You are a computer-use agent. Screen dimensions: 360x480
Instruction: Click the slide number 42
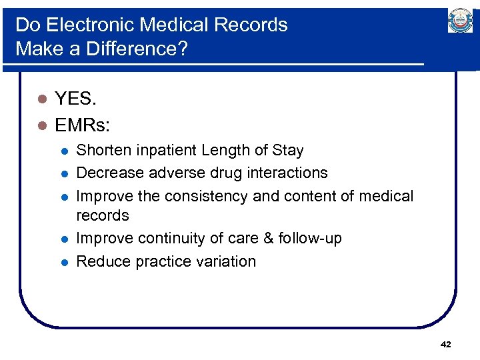tap(446, 344)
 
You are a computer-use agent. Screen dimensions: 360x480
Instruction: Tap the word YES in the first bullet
tap(75, 99)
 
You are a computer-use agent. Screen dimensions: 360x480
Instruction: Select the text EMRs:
tap(83, 125)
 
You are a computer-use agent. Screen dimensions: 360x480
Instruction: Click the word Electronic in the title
tap(89, 25)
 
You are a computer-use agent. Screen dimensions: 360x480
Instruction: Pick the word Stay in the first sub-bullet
tap(287, 151)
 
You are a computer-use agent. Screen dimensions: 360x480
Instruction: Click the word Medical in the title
tap(170, 25)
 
